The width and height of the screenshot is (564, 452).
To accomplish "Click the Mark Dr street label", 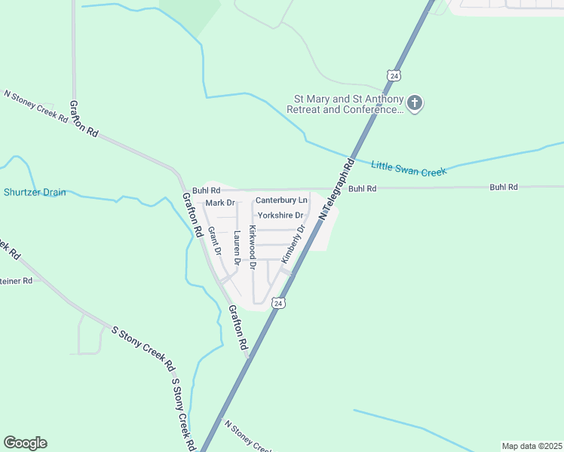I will (220, 203).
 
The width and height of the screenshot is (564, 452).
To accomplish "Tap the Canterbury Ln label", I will (281, 200).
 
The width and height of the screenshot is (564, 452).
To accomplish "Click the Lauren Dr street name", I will (237, 248).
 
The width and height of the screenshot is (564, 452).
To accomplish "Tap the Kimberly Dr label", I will (293, 243).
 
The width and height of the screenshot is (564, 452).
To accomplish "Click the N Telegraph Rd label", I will (337, 188).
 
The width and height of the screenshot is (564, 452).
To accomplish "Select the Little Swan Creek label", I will (409, 168).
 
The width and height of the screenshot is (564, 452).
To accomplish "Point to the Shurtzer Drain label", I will (35, 192).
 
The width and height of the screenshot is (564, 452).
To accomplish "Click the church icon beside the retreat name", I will (414, 103).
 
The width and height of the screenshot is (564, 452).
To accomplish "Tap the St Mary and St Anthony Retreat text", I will (346, 104).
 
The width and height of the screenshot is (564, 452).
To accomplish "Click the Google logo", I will (25, 443).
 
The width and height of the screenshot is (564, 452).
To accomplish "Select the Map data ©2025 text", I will (532, 446).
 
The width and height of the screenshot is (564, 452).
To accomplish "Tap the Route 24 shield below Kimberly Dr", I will (279, 303).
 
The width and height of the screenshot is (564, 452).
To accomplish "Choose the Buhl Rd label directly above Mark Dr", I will (206, 191).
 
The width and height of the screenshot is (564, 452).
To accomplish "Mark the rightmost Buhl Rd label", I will (504, 187).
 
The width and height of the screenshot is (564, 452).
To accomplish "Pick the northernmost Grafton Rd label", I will (84, 118).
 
